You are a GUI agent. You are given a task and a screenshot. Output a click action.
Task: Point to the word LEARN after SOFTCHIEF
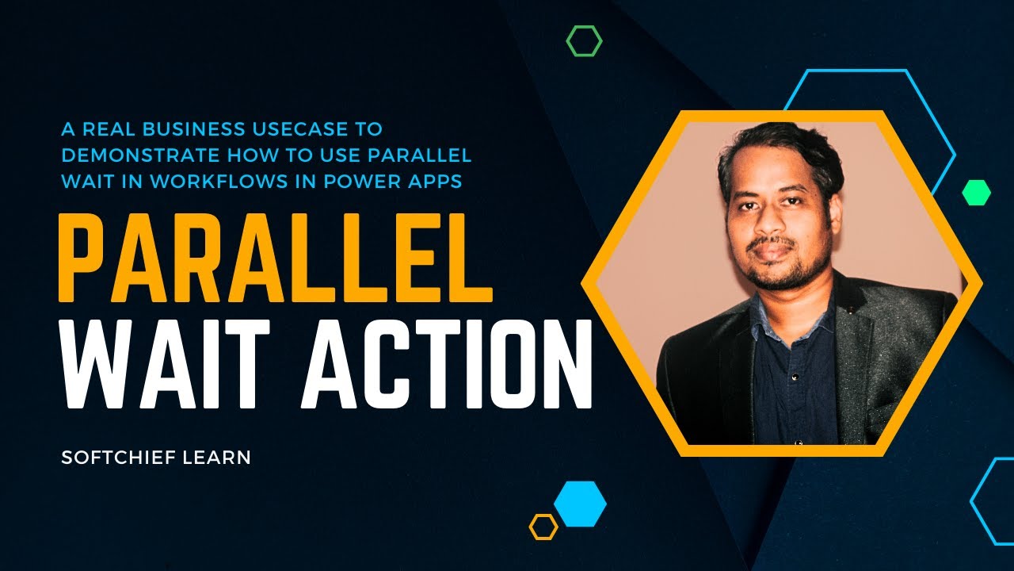pos(219,458)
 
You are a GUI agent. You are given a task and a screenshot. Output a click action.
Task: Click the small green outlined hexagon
pos(584,40)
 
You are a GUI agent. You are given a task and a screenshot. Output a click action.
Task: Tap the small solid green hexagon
pos(976,193)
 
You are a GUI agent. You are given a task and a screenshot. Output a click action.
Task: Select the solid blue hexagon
pos(580,504)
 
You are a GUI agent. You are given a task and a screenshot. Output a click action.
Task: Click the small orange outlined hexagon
pos(543,527)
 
